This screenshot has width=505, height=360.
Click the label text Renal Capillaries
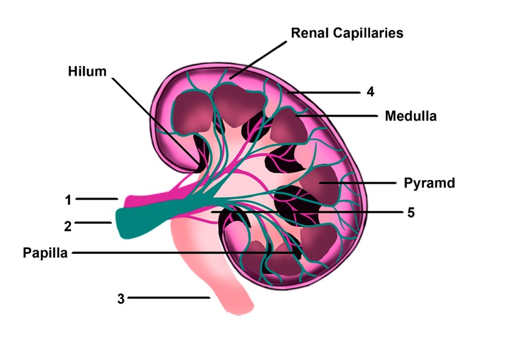[x=347, y=32]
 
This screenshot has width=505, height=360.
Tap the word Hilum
[x=87, y=71]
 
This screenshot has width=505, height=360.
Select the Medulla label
[x=410, y=115]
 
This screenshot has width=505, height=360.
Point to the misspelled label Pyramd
[x=429, y=183]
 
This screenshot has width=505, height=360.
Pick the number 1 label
[x=68, y=200]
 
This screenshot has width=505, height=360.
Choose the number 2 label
[x=68, y=226]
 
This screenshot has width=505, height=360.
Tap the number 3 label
[x=121, y=298]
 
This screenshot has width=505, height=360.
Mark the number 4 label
[x=370, y=92]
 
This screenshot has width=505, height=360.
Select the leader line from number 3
[x=168, y=298]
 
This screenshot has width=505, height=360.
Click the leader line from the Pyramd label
[x=360, y=182]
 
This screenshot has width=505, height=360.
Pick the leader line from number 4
[x=327, y=93]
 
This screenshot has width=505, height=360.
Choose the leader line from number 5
[x=305, y=212]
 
